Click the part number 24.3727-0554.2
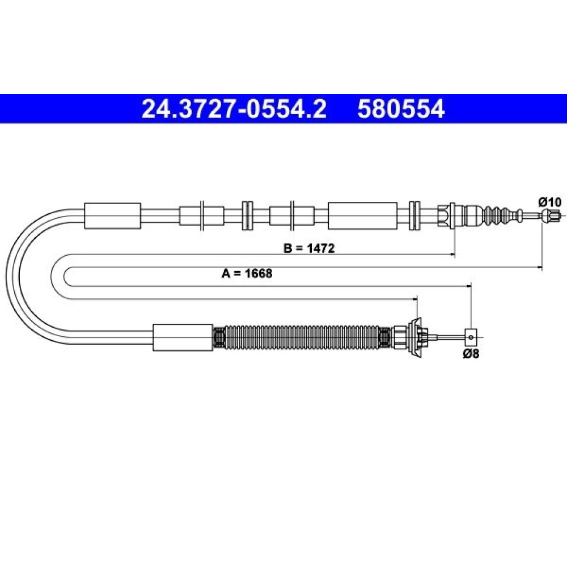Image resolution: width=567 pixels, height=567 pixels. pyautogui.click(x=234, y=109)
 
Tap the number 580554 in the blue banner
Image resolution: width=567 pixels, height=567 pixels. pyautogui.click(x=401, y=109)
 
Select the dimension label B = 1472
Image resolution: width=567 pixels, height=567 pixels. pyautogui.click(x=309, y=248)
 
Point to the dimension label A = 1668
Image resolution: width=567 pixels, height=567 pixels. pyautogui.click(x=247, y=273)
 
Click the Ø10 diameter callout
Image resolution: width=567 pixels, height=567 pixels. pyautogui.click(x=549, y=202)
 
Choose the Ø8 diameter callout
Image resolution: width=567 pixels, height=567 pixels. pyautogui.click(x=471, y=353)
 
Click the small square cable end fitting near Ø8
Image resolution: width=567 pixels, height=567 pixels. pyautogui.click(x=471, y=337)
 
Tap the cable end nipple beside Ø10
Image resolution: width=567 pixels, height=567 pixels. pyautogui.click(x=549, y=216)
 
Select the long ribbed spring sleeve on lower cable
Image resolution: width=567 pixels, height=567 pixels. pyautogui.click(x=302, y=337)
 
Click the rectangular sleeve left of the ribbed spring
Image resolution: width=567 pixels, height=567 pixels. pyautogui.click(x=183, y=337)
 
